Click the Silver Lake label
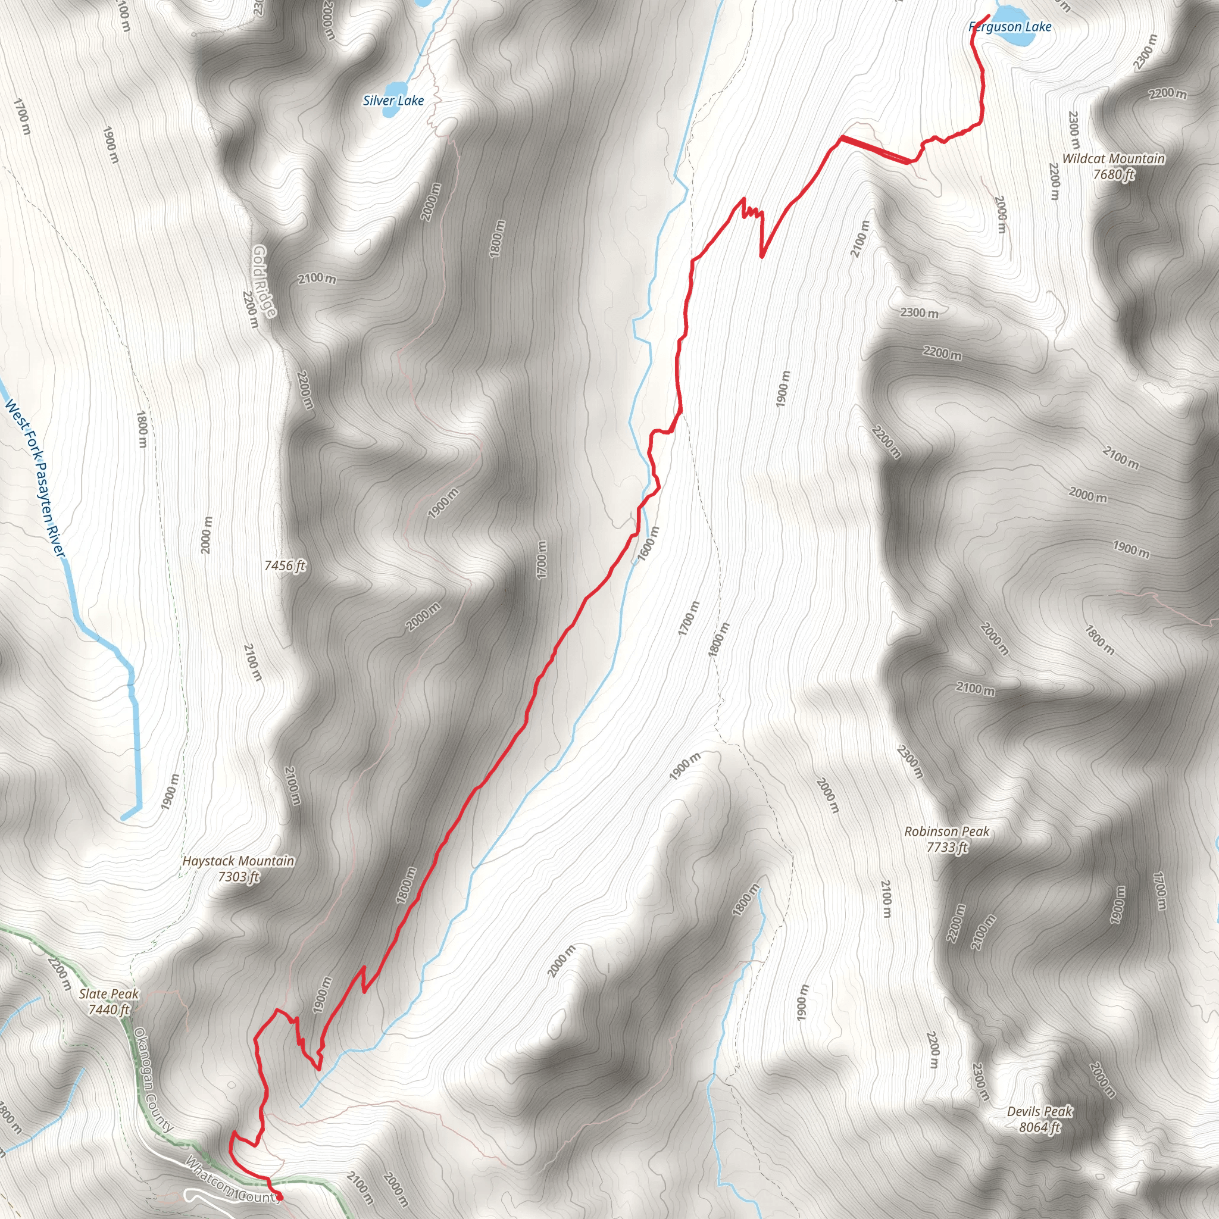coord(393,101)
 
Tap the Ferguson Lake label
coord(1009,27)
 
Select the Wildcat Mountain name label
coord(1113,158)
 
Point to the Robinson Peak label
coord(946,832)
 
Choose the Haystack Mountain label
coord(238,861)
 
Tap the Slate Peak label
coord(108,995)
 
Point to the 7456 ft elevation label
coord(285,565)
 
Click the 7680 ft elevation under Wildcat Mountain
coord(1113,174)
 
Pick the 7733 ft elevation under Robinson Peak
coord(946,848)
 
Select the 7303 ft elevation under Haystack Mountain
coord(238,876)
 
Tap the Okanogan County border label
coord(153,1080)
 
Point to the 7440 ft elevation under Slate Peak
coord(108,1009)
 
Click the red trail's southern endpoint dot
coord(280,1197)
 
